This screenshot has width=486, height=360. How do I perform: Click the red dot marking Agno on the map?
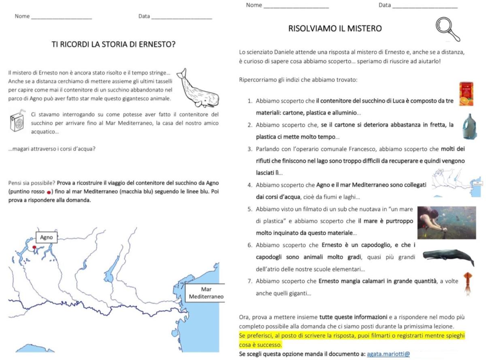pyautogui.click(x=34, y=247)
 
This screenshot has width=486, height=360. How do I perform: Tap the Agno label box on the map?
pyautogui.click(x=46, y=237)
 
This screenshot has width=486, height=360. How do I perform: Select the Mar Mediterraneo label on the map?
pyautogui.click(x=206, y=293)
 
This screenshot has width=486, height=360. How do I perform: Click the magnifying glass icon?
pyautogui.click(x=448, y=29)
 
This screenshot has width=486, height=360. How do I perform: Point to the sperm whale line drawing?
pyautogui.click(x=198, y=88)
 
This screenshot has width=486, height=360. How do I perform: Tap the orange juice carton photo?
pyautogui.click(x=467, y=94)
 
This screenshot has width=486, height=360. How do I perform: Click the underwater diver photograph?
pyautogui.click(x=446, y=222)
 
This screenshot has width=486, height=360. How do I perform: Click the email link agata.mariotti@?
pyautogui.click(x=388, y=354)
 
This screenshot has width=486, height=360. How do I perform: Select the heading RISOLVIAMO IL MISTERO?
pyautogui.click(x=335, y=28)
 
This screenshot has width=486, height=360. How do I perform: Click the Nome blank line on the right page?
pyautogui.click(x=296, y=6)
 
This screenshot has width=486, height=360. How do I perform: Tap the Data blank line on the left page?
pyautogui.click(x=181, y=17)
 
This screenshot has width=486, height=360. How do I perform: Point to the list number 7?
pyautogui.click(x=250, y=281)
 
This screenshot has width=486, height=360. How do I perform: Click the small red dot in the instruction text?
pyautogui.click(x=49, y=192)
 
